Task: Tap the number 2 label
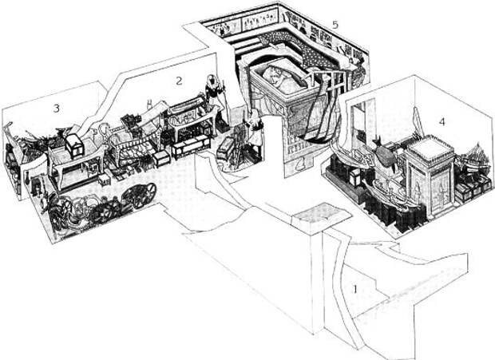coord(180,80)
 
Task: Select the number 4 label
coord(441,122)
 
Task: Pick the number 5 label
coord(335,25)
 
